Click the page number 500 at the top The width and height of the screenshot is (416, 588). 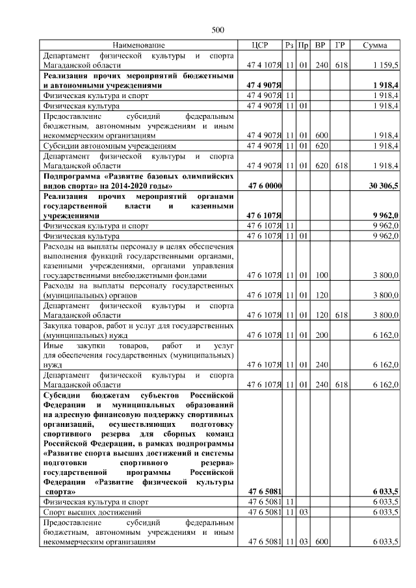pos(218,29)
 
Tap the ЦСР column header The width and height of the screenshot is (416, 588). pos(260,45)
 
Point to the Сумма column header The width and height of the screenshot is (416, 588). pos(375,45)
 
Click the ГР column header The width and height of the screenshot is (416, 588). pos(339,45)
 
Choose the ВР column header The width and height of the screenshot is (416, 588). pos(320,45)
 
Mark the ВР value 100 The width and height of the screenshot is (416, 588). pos(320,275)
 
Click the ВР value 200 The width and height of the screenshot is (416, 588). pos(320,335)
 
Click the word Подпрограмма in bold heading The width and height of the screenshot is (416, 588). pos(70,176)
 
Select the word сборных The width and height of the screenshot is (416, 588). pos(177,432)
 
